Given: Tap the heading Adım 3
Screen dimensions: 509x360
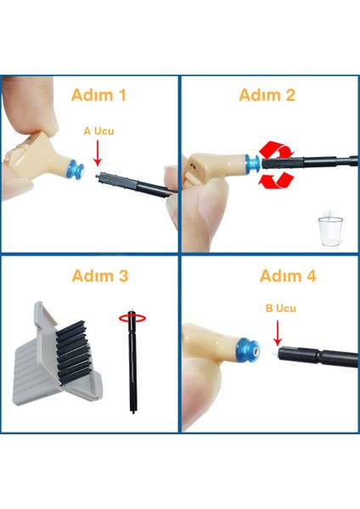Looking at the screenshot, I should pos(100,276).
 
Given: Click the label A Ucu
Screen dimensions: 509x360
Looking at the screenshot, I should pos(98,131).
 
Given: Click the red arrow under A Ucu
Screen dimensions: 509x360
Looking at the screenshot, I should pos(98,154).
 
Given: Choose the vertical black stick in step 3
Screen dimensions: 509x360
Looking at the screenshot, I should pos(132,365).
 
